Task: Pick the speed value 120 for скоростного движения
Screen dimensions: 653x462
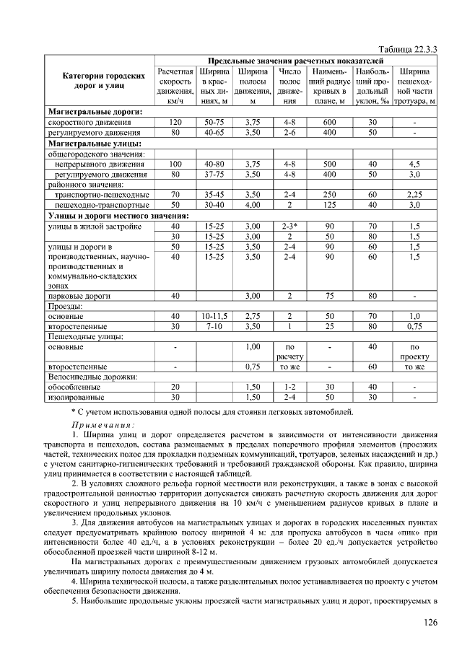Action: pyautogui.click(x=175, y=123)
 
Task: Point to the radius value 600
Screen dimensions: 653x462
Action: pyautogui.click(x=328, y=123)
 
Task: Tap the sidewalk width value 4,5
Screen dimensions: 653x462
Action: pyautogui.click(x=414, y=164)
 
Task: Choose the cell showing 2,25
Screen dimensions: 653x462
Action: pyautogui.click(x=414, y=195)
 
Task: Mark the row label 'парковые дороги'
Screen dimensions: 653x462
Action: pyautogui.click(x=79, y=296)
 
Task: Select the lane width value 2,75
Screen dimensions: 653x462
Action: pyautogui.click(x=252, y=316)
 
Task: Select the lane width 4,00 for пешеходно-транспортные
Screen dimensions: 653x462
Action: pyautogui.click(x=252, y=205)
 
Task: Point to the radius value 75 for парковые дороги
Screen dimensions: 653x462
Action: pyautogui.click(x=328, y=296)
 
